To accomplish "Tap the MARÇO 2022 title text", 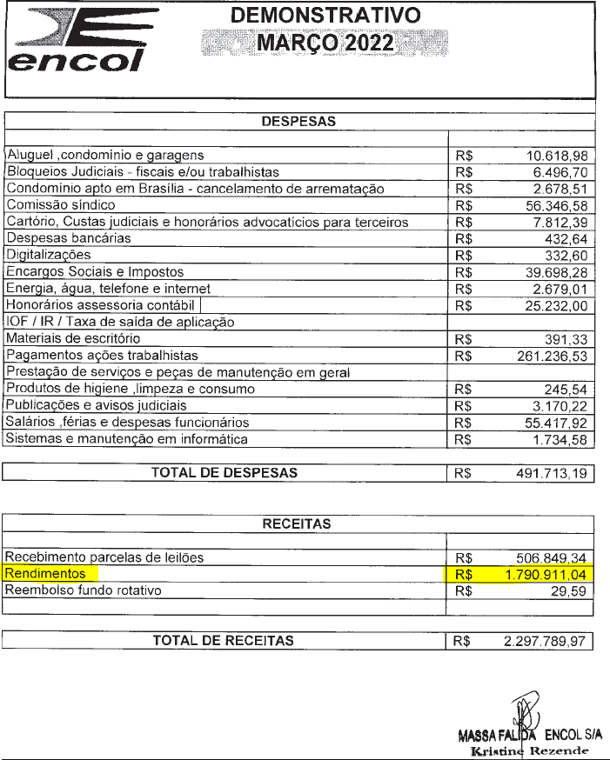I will (324, 43).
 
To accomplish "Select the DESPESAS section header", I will (299, 122).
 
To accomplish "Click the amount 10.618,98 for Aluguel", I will (558, 156).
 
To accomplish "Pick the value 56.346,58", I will (558, 205).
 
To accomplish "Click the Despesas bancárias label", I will (68, 238).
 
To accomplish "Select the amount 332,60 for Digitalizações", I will (570, 255).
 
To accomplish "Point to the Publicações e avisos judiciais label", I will (96, 405).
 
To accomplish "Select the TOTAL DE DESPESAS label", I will (225, 473).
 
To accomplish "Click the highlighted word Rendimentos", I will (45, 574).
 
